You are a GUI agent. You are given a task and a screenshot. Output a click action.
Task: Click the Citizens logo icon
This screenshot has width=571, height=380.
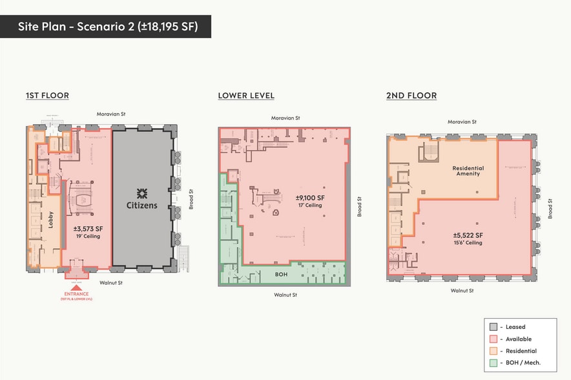click(141, 193)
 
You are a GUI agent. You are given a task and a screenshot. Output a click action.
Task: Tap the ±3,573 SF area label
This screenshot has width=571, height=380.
click(90, 228)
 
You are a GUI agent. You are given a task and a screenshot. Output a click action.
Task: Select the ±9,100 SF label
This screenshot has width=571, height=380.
click(310, 198)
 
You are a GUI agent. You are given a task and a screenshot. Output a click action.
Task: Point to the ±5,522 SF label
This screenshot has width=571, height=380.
click(468, 235)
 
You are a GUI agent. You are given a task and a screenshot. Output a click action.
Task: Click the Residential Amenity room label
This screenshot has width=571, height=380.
click(468, 171)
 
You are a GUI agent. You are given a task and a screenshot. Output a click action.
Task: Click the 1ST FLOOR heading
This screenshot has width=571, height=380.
click(47, 96)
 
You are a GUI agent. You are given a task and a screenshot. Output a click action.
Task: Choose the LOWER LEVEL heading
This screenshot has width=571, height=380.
click(246, 96)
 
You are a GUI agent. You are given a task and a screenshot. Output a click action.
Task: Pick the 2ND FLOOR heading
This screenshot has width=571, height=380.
click(411, 96)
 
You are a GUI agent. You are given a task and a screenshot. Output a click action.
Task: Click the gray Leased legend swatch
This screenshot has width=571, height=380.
click(493, 327)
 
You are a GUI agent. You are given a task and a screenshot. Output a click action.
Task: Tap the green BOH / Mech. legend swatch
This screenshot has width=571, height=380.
click(493, 363)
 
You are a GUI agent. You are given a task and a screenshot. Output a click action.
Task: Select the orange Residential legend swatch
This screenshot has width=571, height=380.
click(493, 351)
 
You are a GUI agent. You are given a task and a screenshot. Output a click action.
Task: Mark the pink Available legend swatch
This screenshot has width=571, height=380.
click(493, 339)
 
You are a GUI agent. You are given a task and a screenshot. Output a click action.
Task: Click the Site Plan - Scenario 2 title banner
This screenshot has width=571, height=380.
click(105, 26)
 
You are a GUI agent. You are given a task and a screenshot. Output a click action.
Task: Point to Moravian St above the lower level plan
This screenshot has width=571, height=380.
click(285, 118)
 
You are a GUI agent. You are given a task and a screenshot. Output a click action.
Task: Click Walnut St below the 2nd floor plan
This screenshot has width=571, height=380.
click(462, 291)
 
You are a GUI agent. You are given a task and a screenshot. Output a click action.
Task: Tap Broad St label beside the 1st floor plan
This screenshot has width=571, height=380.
click(191, 198)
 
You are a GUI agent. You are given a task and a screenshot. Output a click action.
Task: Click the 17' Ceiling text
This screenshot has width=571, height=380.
click(310, 206)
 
